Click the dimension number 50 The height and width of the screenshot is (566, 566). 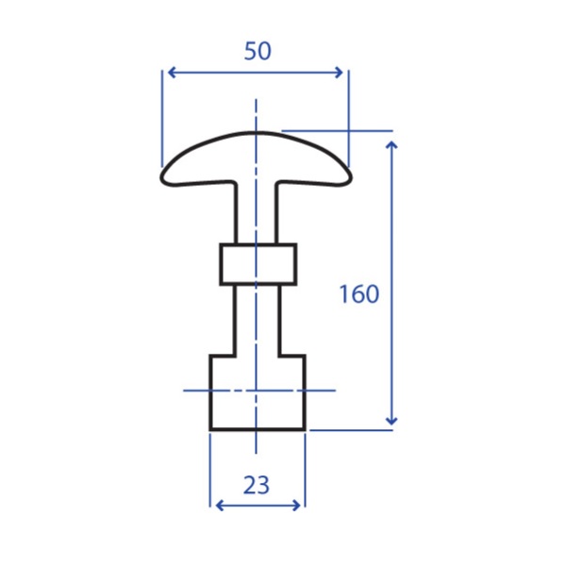coord(258,51)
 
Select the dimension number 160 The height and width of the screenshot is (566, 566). coord(359,293)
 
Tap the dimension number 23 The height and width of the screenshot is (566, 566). coord(257,485)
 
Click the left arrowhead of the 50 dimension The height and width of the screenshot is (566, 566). coord(172,73)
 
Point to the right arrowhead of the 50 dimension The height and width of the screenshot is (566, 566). coord(339,73)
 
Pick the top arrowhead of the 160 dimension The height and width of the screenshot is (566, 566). coord(391,145)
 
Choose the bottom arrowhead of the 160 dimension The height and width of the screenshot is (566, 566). coord(391,421)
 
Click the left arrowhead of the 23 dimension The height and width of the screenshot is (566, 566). coord(219,506)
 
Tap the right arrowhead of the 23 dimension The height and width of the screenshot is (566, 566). coord(296,506)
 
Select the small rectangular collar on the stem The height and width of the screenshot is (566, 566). coord(258,264)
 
